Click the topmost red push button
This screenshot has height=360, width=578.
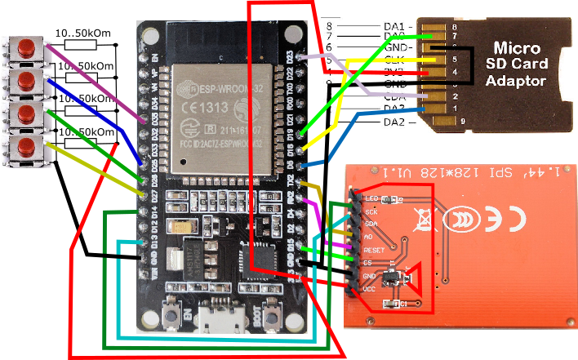point(27,48)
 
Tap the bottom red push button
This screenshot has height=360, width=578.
point(27,147)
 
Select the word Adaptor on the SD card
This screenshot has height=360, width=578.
point(515,81)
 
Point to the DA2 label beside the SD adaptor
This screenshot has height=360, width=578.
point(394,122)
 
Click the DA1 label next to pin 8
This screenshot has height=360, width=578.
point(393,27)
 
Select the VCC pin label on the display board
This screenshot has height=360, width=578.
point(369,288)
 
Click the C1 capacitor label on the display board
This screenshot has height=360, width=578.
point(401,304)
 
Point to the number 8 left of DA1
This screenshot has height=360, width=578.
point(327,27)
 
